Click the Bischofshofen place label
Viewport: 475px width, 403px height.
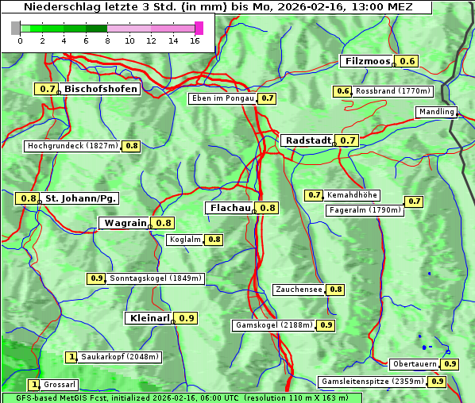[x=101, y=89]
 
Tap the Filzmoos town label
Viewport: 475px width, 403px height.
[x=367, y=61]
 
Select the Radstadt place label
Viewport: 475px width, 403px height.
[x=307, y=140]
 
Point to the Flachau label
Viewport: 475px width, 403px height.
[x=230, y=208]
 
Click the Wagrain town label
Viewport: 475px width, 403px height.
[x=126, y=223]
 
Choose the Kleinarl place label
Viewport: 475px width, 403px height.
[x=149, y=318]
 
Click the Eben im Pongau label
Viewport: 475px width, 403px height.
[x=222, y=98]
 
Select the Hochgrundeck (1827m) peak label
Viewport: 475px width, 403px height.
[x=72, y=146]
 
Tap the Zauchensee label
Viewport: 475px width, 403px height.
[x=299, y=290]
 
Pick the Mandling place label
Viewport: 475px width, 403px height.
[x=436, y=112]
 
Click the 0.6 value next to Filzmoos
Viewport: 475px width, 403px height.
[x=407, y=61]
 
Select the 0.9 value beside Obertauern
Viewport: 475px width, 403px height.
[x=450, y=364]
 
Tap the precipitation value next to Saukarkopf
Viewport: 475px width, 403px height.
[x=71, y=357]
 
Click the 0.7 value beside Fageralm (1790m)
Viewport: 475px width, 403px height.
[x=414, y=201]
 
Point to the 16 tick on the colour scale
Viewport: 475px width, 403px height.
[x=195, y=40]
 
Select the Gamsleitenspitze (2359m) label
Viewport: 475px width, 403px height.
[x=372, y=382]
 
